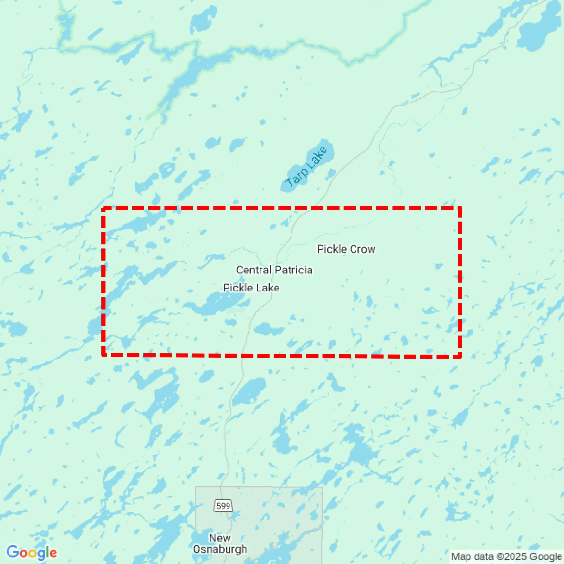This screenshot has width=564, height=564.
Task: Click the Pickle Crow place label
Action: point(346,250)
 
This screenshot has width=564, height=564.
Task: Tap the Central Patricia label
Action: point(274,270)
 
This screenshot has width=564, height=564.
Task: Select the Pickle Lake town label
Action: point(251,288)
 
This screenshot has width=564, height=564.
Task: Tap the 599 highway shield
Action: point(223,506)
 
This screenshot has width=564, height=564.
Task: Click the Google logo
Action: point(32,553)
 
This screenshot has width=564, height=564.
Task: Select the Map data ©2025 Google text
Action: point(507,557)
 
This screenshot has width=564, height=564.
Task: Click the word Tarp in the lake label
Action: point(297,178)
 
